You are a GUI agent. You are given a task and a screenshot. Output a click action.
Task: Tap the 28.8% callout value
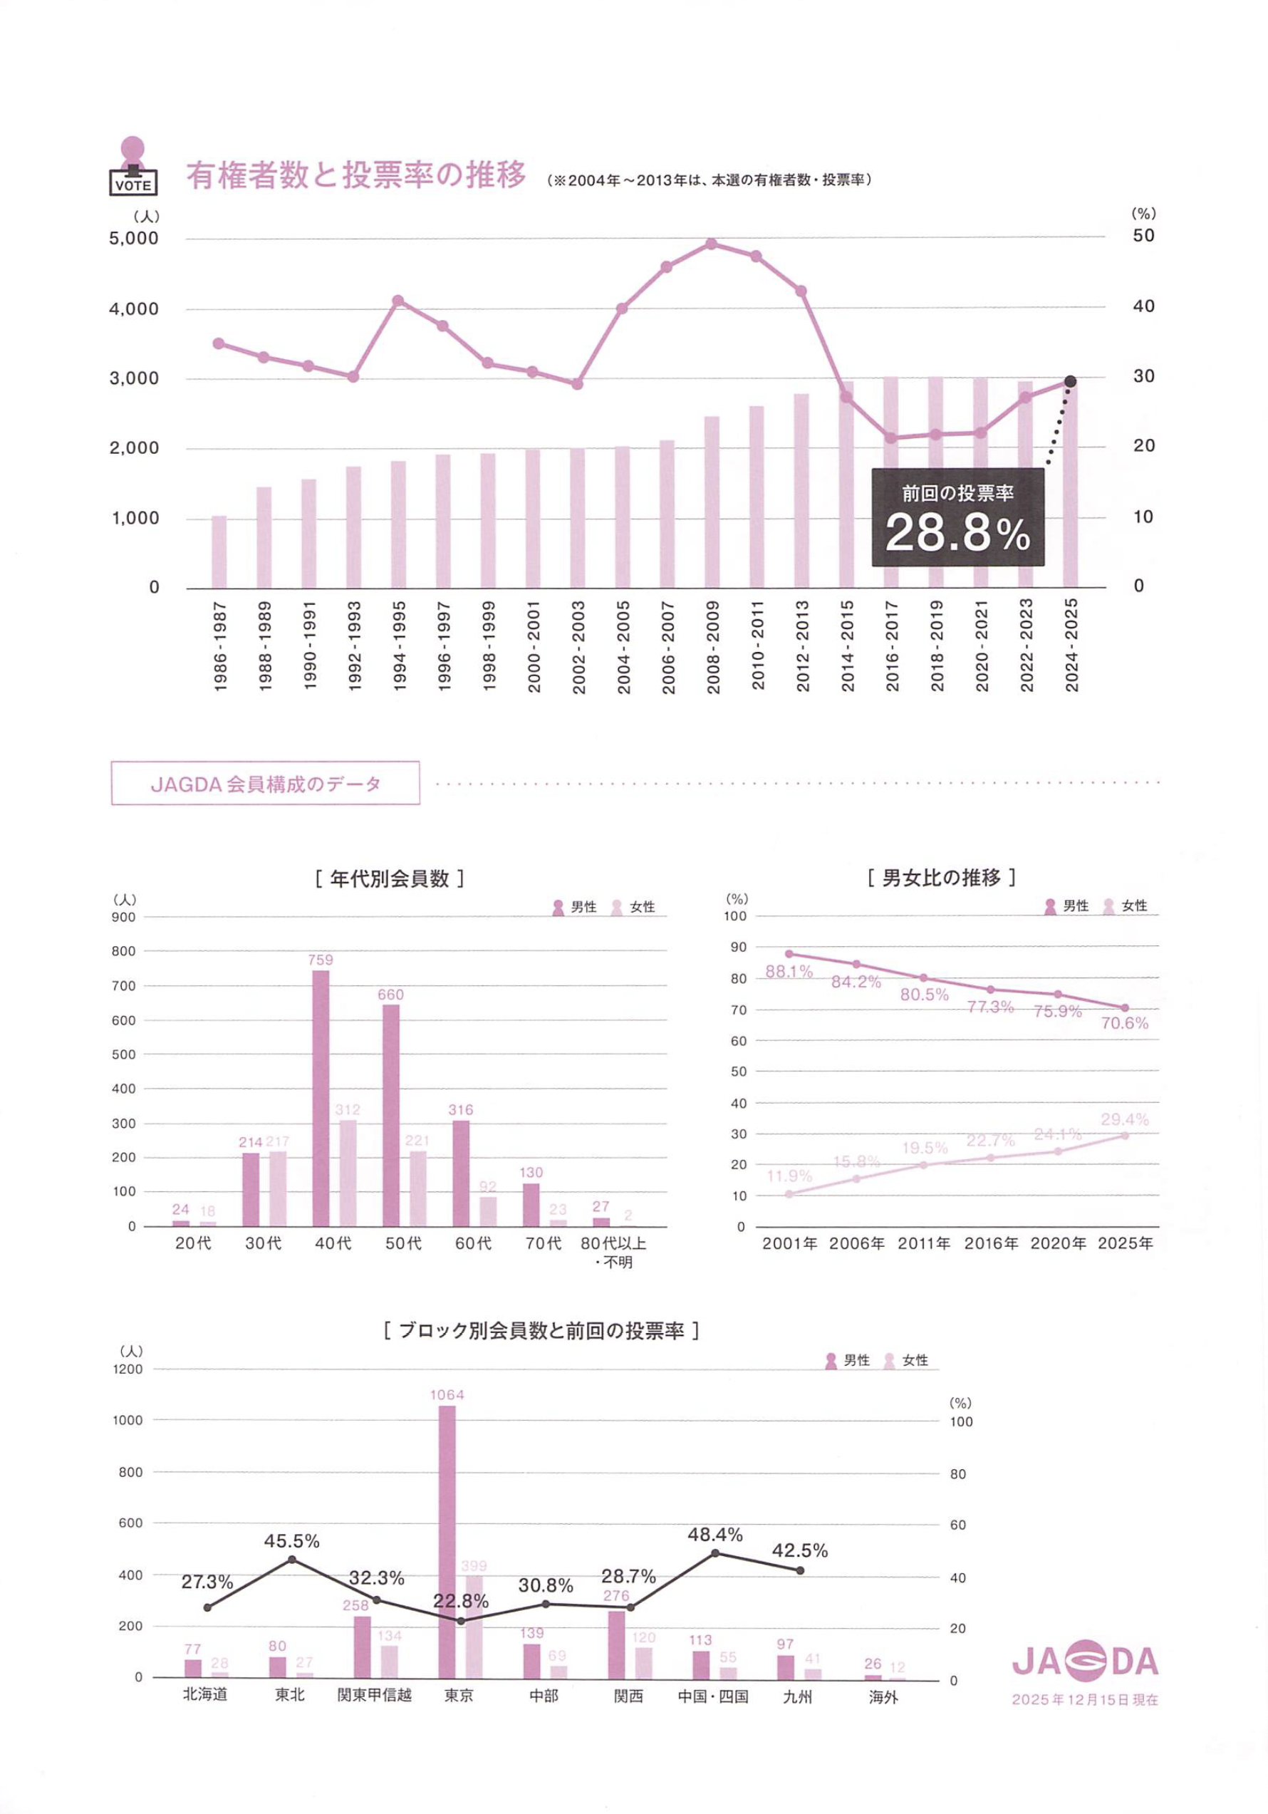pos(957,532)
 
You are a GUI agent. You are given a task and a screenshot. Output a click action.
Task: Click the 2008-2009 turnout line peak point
pos(711,244)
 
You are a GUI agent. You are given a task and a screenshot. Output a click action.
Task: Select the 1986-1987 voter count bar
pos(219,551)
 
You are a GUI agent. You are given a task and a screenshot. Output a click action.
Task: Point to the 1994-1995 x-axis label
pos(399,646)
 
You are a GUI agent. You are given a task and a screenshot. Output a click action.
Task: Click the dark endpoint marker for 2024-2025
pos(1071,382)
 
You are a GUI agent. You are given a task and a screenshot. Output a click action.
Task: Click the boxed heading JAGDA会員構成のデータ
pos(266,783)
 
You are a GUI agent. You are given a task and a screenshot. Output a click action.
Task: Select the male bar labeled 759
pos(321,1097)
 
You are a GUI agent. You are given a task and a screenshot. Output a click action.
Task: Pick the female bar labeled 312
pos(348,1173)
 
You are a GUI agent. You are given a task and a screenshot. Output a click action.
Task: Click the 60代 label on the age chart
pos(473,1243)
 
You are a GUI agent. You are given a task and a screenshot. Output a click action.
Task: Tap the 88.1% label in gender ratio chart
pos(789,971)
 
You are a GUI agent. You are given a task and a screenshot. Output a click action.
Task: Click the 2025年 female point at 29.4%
pos(1124,1135)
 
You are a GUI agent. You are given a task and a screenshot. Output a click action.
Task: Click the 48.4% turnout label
pos(715,1534)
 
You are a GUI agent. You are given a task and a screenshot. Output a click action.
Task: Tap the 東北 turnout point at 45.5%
pos(291,1560)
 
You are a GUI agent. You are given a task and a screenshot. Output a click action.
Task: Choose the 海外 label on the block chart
pos(883,1696)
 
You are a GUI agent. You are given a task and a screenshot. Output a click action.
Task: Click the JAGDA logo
pos(1085,1662)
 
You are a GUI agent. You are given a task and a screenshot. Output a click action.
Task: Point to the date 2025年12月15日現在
pos(1085,1699)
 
